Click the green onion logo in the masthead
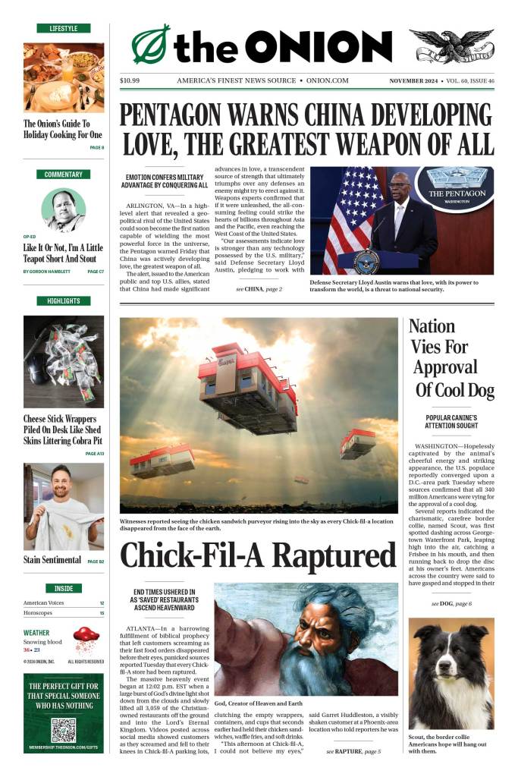[150, 45]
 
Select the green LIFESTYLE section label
[64, 28]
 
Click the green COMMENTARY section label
[64, 175]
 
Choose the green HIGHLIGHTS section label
[64, 301]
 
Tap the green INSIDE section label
[64, 588]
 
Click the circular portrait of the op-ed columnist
[64, 209]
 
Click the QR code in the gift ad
[64, 728]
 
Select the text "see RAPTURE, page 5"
[353, 751]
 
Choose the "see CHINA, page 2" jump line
[259, 289]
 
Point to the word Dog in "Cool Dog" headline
[474, 390]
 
